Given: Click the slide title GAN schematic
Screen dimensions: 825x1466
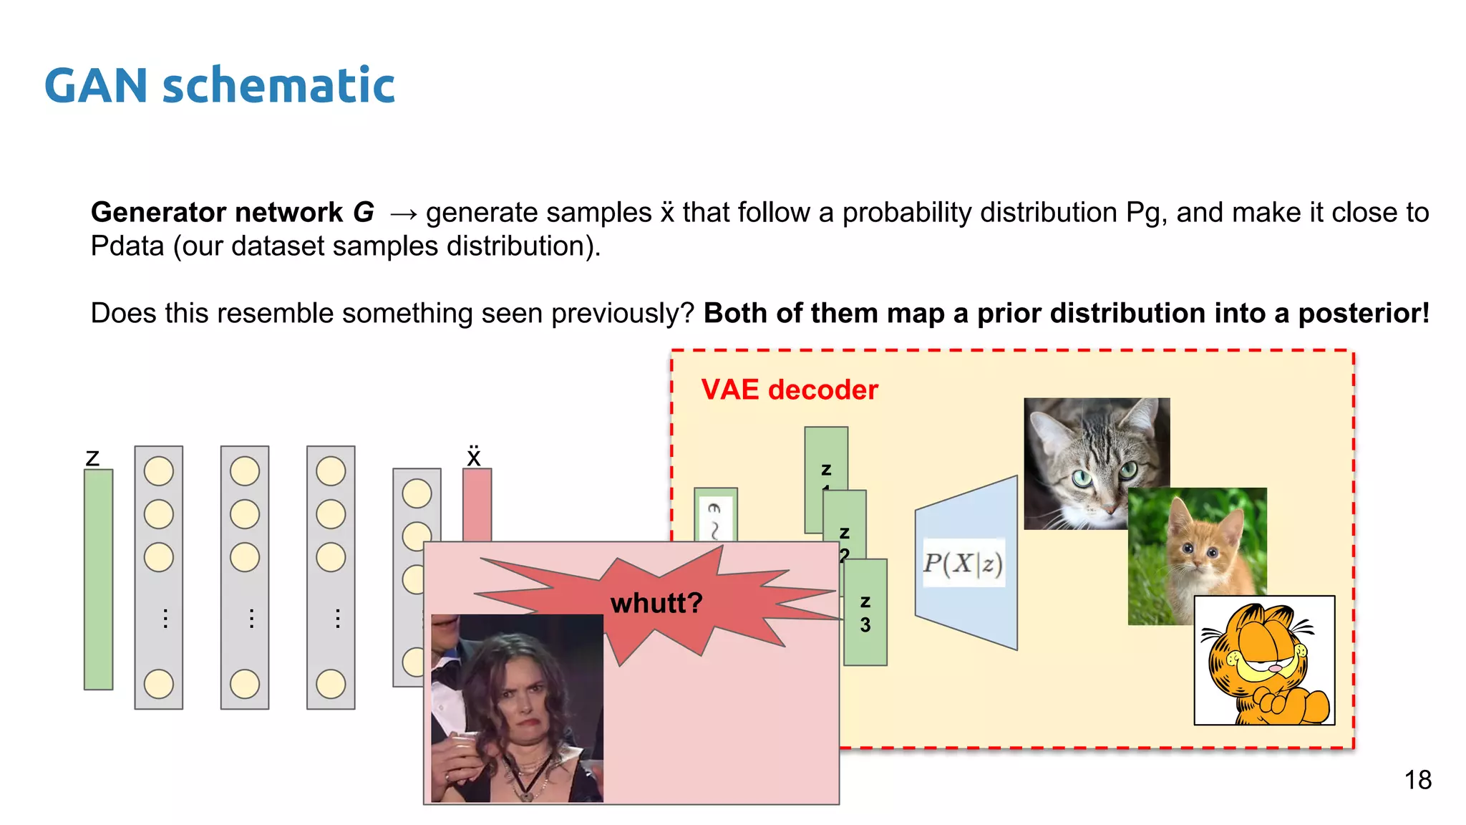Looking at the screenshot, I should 219,86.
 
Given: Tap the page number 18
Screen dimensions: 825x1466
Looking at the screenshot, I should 1417,780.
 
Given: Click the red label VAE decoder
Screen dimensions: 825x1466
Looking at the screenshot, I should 789,390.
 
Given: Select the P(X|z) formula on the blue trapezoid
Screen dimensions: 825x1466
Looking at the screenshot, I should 963,564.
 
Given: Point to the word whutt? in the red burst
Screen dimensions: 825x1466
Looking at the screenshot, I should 656,603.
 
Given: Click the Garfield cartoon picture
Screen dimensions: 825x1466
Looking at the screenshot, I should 1264,660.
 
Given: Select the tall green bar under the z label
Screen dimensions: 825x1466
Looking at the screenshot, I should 99,579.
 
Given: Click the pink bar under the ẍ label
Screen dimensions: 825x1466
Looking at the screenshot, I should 477,504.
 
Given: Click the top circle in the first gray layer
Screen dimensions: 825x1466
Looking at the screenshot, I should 159,471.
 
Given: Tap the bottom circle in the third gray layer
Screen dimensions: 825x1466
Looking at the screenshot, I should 331,684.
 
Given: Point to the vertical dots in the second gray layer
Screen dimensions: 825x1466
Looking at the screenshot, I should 251,618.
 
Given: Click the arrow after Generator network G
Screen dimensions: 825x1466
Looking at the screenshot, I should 403,213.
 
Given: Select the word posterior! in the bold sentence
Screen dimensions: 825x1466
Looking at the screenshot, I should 1364,314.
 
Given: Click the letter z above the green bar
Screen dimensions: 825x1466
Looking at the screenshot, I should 92,458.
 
